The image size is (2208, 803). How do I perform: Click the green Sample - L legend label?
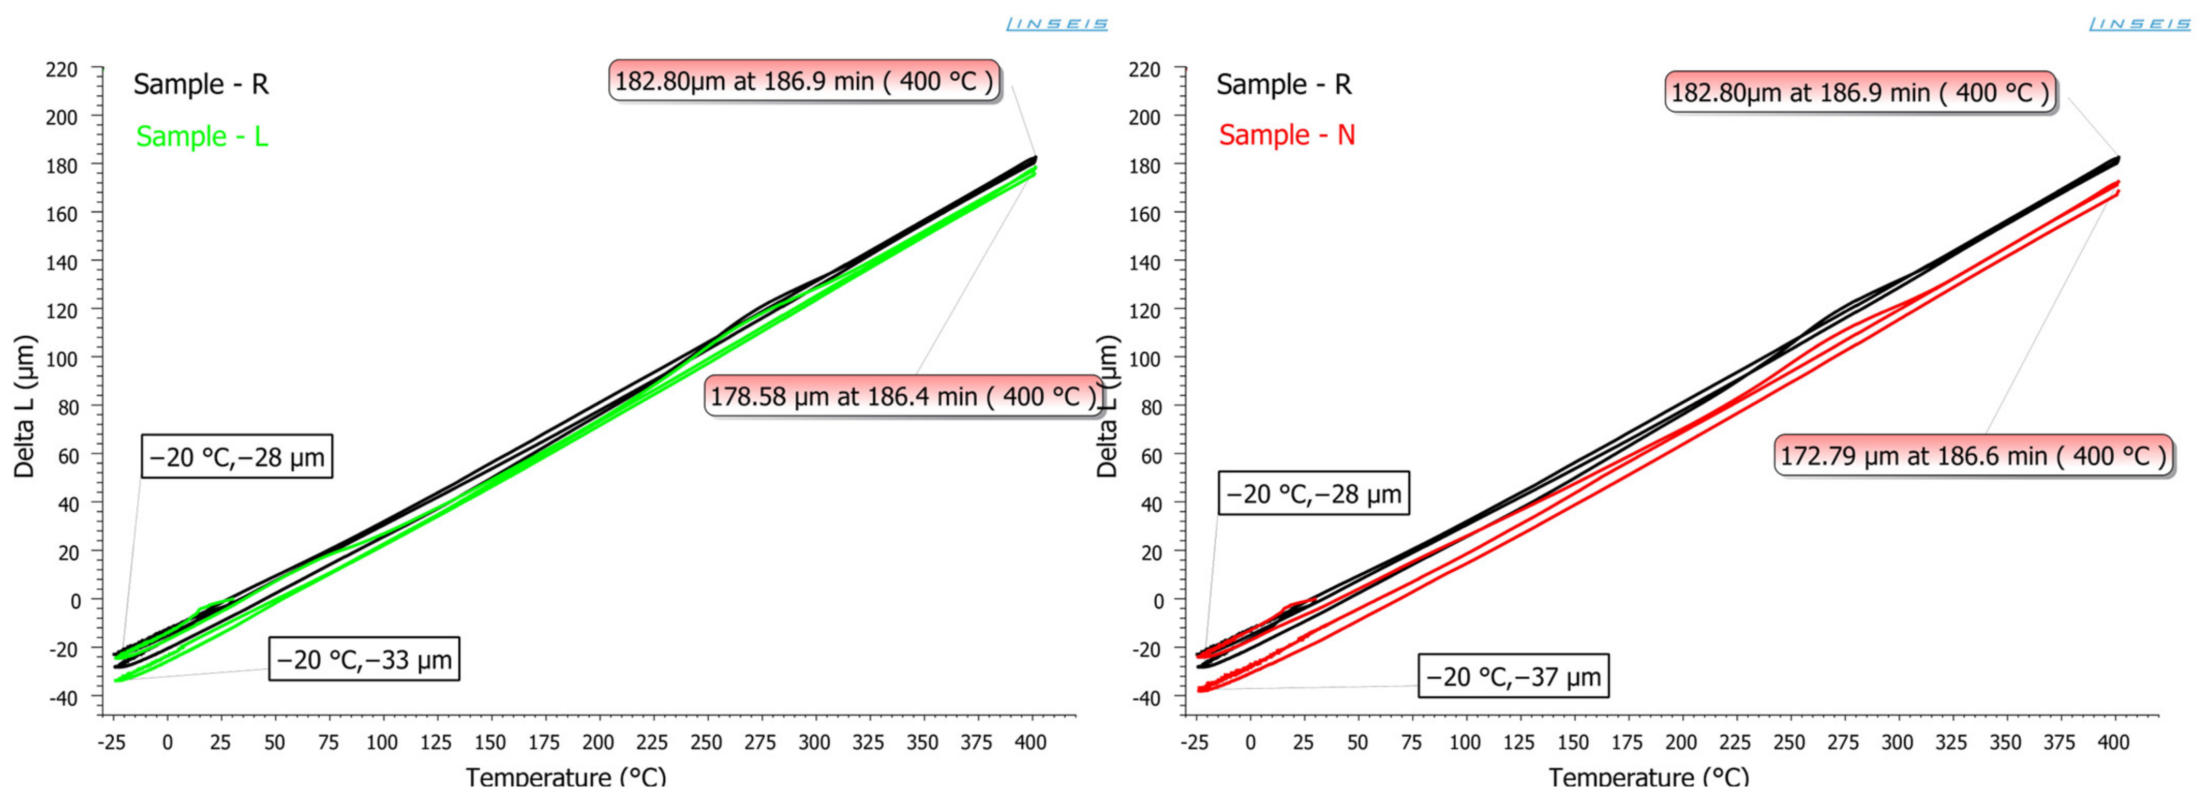(x=202, y=136)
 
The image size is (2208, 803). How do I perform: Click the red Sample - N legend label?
(x=1287, y=135)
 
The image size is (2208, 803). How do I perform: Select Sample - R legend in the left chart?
(x=201, y=84)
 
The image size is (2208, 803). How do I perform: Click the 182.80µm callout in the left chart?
(x=804, y=81)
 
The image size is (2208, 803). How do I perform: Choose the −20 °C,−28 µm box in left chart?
(x=236, y=457)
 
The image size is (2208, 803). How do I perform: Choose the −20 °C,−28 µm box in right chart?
(x=1313, y=494)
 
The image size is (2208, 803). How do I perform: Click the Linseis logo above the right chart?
(x=2139, y=24)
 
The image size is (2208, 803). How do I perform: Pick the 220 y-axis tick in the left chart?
(x=62, y=69)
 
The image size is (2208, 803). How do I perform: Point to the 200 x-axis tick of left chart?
(x=598, y=742)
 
